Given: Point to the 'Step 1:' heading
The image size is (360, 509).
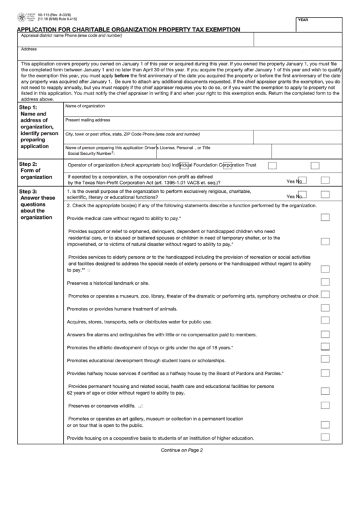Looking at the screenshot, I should click(29, 108).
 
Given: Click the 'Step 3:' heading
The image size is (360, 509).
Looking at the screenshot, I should click(29, 192).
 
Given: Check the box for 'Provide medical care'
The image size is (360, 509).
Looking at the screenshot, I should click(325, 217).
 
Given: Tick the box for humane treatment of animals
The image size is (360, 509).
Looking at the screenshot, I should click(325, 308).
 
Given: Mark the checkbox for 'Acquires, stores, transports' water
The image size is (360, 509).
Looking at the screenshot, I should click(325, 321).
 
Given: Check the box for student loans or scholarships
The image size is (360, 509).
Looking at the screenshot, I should click(325, 359).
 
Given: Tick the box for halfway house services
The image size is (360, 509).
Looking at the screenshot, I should click(325, 372).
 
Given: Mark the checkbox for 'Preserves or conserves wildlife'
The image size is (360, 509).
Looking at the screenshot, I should click(325, 405).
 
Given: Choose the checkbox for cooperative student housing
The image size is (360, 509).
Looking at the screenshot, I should click(325, 438).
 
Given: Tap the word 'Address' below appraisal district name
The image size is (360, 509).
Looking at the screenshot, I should click(29, 49).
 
